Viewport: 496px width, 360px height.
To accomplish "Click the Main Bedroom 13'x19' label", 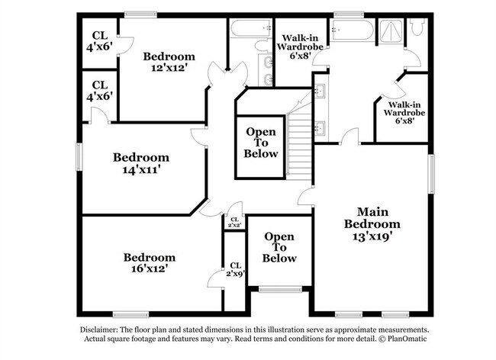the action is pos(372,223).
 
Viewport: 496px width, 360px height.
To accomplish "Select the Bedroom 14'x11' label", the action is pos(141,163).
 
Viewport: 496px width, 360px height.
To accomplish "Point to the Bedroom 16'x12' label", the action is pos(150,262).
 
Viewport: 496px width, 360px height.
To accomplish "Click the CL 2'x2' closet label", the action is pos(234,222).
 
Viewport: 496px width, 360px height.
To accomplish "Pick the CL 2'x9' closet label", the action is pos(236,269).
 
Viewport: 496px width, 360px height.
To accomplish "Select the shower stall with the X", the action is pos(391,31).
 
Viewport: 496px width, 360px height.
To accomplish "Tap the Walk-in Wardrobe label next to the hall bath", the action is pos(300,47).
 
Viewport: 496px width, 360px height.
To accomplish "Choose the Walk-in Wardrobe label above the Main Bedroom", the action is pos(404,113).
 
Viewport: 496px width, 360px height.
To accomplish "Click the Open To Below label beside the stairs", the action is pos(261,143).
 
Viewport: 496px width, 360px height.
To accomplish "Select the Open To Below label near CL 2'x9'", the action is pos(279,247).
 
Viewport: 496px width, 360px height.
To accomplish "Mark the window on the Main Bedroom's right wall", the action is pos(431,174).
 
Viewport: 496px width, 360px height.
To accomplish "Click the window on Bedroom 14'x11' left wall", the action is pos(79,157).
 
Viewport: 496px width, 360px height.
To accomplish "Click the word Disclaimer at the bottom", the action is pos(99,329).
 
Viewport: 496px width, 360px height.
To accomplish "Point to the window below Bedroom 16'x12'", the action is pos(131,314).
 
